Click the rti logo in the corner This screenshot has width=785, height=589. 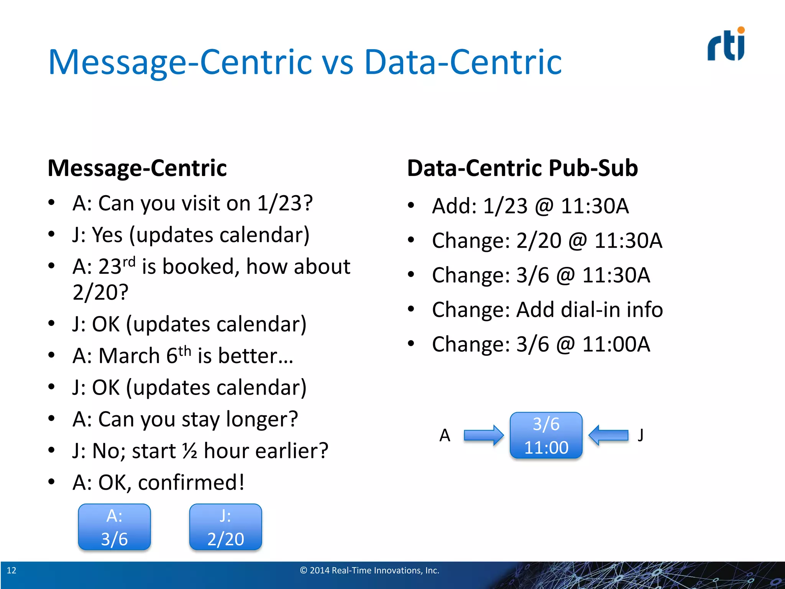point(726,44)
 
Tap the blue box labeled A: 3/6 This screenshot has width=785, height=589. point(114,527)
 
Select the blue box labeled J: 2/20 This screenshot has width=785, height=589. point(225,527)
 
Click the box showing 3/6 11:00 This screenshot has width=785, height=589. point(546,435)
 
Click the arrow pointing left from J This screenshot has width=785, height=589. point(608,435)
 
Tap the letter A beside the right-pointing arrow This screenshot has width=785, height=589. point(445,435)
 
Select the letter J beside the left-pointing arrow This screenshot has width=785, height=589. point(640,435)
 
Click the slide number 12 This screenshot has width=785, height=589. point(11,570)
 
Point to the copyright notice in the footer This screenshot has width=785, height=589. point(370,570)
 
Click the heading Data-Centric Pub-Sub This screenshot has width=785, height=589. point(522,168)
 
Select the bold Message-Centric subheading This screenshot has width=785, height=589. point(137,168)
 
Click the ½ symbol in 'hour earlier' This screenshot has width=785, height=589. point(190,451)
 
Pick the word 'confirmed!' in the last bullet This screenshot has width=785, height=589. point(191,482)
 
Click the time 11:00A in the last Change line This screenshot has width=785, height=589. point(616,344)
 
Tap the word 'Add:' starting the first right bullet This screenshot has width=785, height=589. point(454,206)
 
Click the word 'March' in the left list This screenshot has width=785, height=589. point(129,355)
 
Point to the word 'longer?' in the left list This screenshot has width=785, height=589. point(262,419)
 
